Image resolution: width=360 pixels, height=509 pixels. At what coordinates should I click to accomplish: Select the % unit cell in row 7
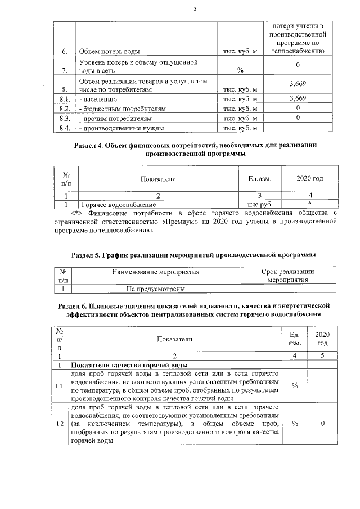point(240,70)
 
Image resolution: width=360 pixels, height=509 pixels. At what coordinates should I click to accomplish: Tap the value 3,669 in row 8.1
point(297,98)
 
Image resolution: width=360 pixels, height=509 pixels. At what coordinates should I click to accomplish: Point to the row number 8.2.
point(64,109)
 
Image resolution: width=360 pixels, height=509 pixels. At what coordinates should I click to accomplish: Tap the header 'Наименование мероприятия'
point(156,272)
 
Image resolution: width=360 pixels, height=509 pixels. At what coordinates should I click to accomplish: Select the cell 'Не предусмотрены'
point(156,289)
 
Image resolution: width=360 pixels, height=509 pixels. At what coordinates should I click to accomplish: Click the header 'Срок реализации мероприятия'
point(287,276)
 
